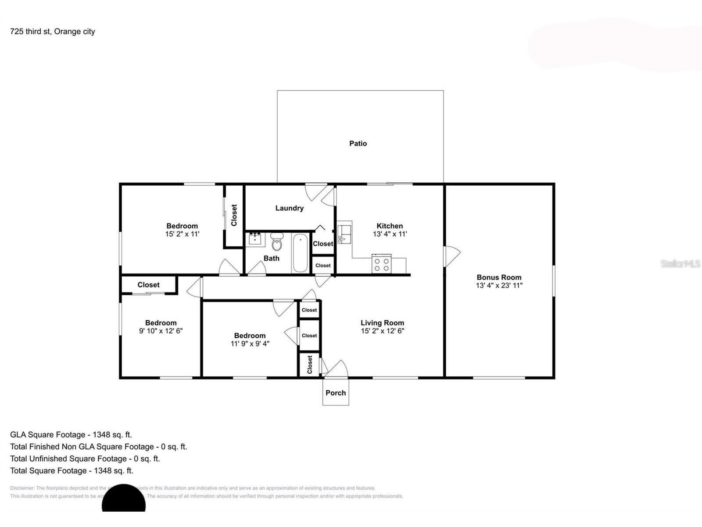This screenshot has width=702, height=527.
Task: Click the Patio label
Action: [358, 143]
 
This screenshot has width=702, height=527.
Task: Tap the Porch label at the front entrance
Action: [336, 393]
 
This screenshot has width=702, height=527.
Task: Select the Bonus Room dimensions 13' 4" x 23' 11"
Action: [499, 285]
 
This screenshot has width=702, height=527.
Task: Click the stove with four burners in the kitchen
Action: [381, 264]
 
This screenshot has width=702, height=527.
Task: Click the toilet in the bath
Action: [277, 242]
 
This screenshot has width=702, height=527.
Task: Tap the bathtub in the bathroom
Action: [300, 253]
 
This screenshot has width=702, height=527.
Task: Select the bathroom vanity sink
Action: [255, 239]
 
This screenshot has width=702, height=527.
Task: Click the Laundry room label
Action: [289, 208]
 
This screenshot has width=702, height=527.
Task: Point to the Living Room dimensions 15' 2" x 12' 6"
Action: [382, 331]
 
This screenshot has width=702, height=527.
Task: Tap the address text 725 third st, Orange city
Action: [52, 31]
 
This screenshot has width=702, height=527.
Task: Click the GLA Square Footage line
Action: [71, 434]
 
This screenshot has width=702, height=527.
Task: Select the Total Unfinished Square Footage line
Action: [85, 458]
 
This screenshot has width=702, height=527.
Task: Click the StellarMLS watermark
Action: [680, 263]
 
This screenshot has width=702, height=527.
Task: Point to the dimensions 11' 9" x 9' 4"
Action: [250, 343]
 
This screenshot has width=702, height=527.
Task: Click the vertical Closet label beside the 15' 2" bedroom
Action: [234, 215]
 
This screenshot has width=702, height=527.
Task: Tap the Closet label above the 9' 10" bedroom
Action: [148, 285]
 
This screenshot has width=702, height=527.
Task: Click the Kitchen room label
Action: [390, 226]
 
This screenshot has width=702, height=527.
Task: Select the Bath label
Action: [271, 258]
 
